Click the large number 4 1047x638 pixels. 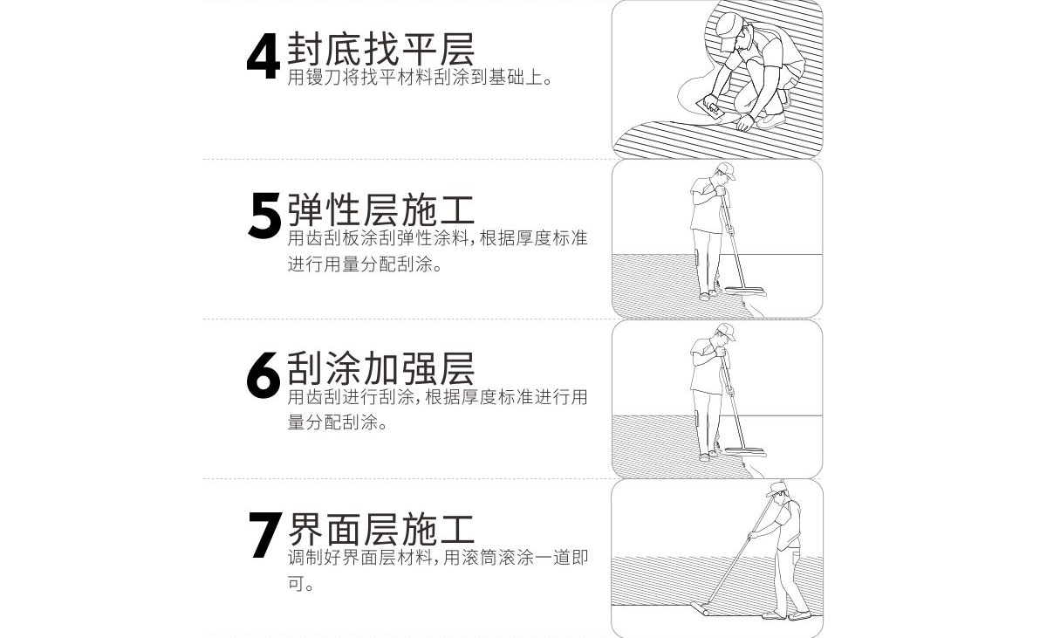263,58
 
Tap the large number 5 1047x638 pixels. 264,216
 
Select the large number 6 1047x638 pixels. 263,374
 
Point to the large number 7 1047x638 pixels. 264,534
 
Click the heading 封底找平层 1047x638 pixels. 380,49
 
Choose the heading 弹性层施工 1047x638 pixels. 380,209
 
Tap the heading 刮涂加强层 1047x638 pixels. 380,369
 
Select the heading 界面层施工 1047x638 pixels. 380,529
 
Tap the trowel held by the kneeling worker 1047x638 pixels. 713,110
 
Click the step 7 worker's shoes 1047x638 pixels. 785,614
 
